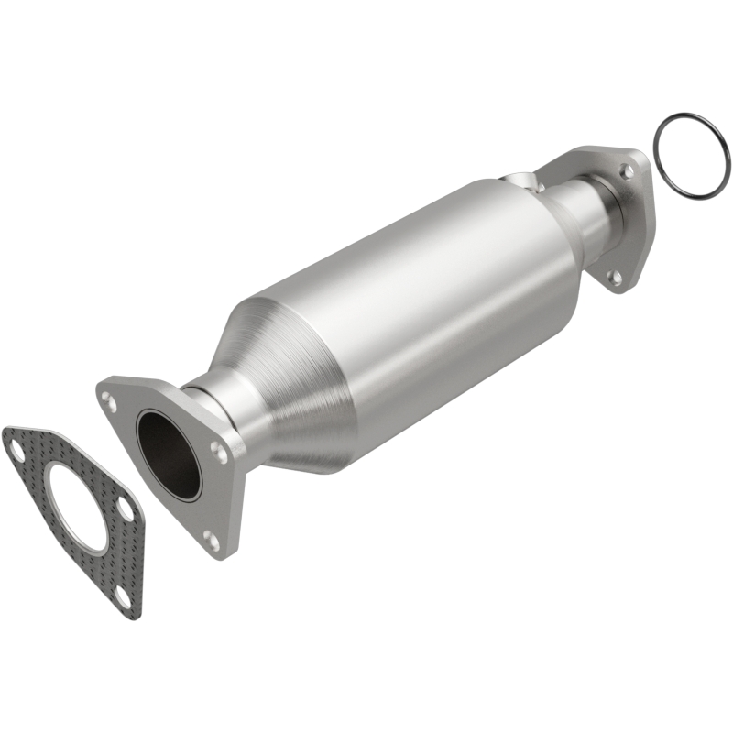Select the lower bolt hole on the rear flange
pos(615,275)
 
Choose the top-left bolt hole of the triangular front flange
pos(110,400)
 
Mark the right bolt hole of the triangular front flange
pos(218,451)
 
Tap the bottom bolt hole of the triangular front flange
pos(212,541)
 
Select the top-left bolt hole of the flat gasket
pos(16,448)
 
